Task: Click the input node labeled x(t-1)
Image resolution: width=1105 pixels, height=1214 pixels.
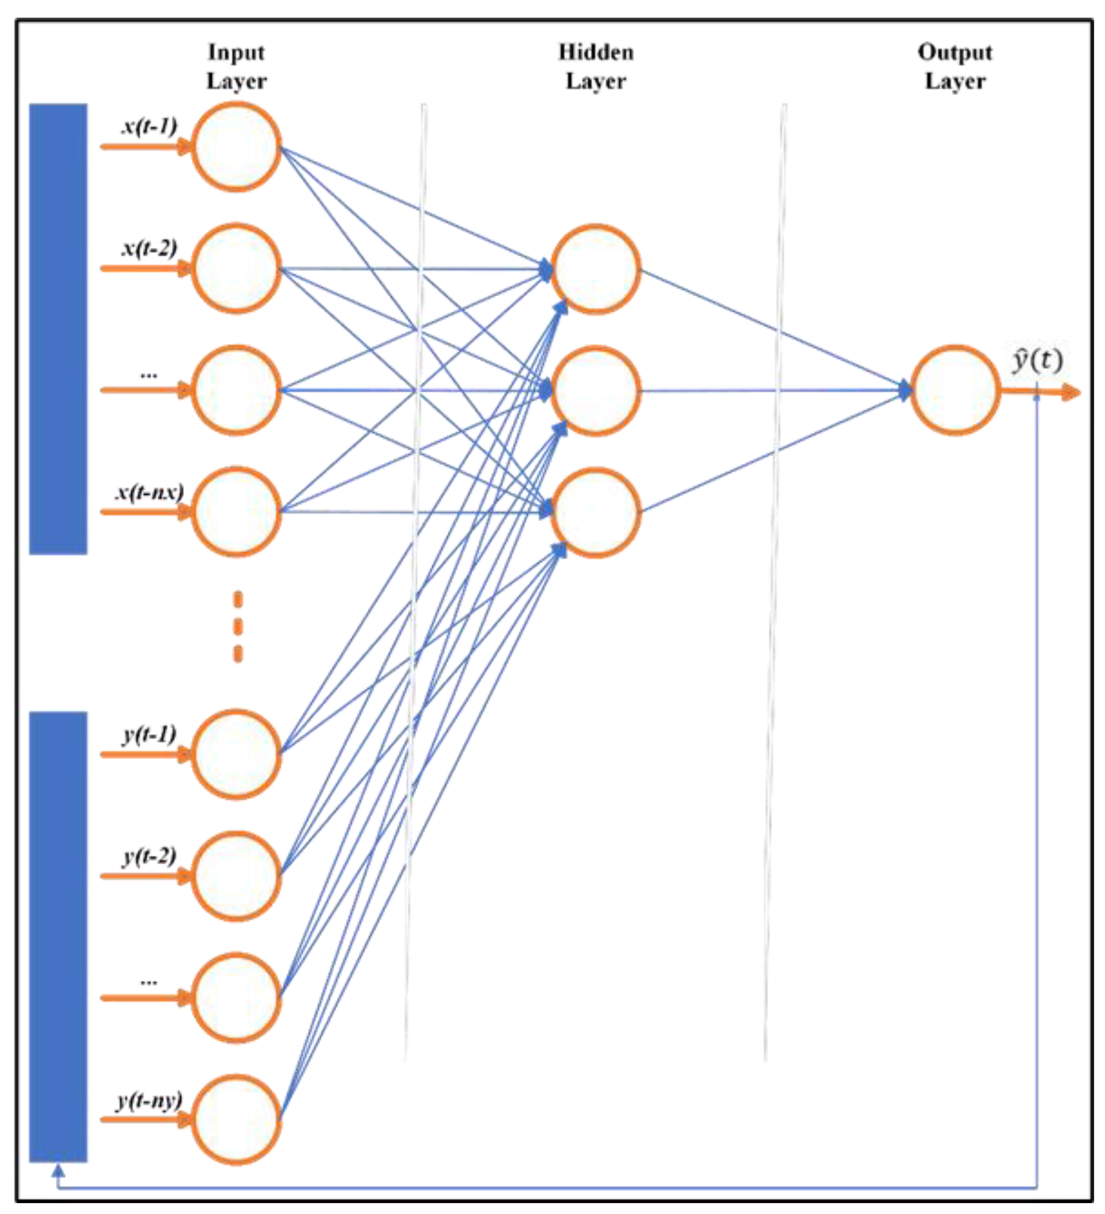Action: click(x=237, y=147)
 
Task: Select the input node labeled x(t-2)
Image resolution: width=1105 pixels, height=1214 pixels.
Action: click(x=237, y=268)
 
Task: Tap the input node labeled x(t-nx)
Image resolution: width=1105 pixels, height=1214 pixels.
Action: click(x=237, y=512)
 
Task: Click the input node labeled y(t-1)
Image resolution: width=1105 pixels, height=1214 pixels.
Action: click(x=237, y=754)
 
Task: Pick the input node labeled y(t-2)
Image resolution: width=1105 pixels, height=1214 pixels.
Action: click(x=237, y=876)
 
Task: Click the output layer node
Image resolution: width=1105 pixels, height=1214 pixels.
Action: click(x=955, y=390)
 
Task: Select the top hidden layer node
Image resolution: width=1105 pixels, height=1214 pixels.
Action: click(x=595, y=269)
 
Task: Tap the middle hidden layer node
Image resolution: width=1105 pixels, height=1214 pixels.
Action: click(x=595, y=391)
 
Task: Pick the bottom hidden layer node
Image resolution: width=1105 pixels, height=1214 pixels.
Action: click(x=595, y=512)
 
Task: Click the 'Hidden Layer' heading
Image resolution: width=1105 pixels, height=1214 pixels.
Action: click(x=595, y=66)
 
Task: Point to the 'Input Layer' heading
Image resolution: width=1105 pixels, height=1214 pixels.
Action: click(x=237, y=66)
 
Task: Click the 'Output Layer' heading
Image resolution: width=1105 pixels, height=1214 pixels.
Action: click(x=955, y=66)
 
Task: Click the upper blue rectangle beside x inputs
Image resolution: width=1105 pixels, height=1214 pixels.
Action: click(x=58, y=329)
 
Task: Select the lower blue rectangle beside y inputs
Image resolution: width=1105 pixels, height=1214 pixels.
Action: click(x=58, y=936)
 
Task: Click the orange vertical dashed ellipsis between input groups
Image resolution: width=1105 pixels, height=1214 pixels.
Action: click(x=238, y=627)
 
